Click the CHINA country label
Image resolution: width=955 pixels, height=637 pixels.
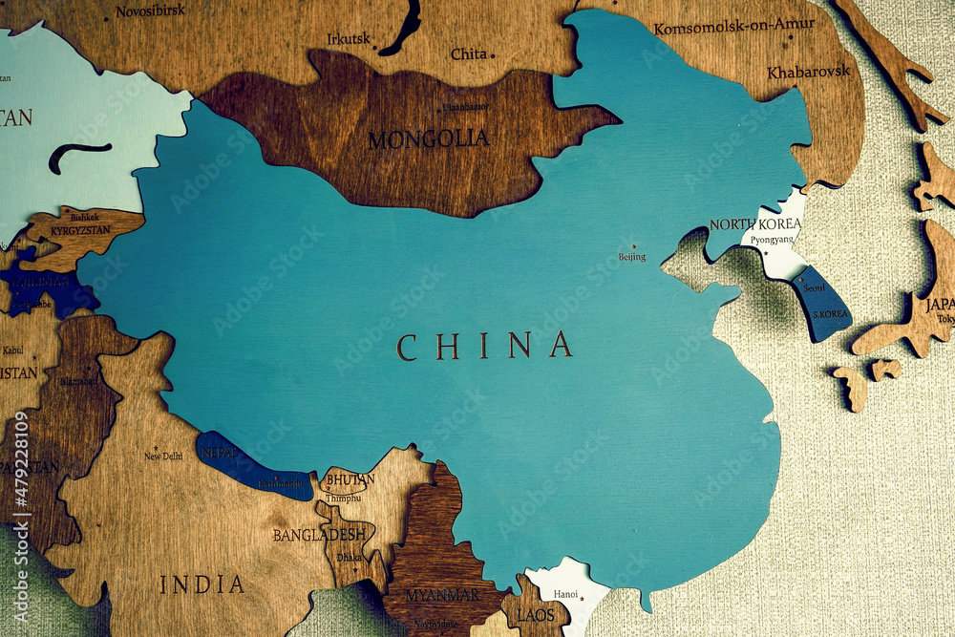484,346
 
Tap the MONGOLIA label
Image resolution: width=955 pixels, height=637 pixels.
428,139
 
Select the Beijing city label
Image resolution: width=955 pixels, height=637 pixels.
632,256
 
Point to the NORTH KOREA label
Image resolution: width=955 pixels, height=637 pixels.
754,224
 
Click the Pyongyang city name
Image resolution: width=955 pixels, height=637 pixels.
772,240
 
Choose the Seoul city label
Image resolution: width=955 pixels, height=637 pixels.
814,287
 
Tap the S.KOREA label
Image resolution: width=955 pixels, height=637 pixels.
829,313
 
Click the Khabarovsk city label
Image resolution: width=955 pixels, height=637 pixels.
808,73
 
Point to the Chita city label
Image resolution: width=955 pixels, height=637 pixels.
469,54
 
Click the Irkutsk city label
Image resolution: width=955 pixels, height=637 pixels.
348,39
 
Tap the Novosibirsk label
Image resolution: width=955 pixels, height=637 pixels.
151,11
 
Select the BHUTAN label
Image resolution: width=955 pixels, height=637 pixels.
350,479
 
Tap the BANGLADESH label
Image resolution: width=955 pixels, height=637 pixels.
319,535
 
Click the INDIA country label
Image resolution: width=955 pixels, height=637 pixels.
202,584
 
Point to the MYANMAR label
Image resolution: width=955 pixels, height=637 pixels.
441,595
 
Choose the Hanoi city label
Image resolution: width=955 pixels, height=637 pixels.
565,594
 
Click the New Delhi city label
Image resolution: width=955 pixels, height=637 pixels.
163,457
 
